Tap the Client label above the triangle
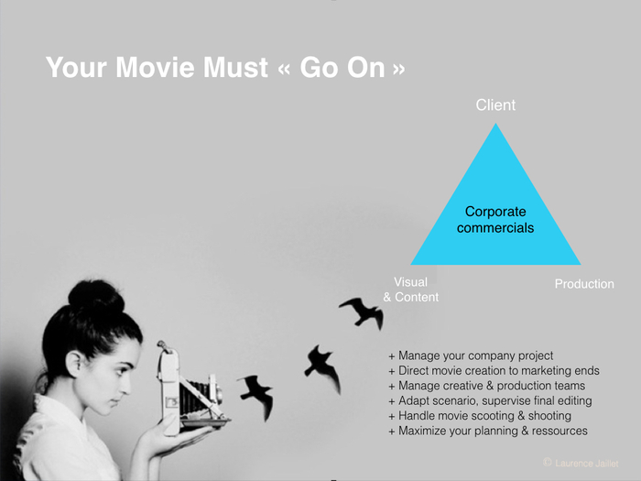coord(495,105)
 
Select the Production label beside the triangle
coord(584,284)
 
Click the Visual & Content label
coord(411,290)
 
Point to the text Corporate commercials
coord(495,220)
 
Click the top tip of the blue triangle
coord(496,123)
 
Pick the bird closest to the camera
coord(256,396)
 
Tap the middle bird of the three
coord(322,367)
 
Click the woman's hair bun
coord(96,298)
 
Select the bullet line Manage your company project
coord(471,355)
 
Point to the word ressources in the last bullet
coord(560,431)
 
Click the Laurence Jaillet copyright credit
coord(581,463)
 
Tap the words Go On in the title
coord(342,67)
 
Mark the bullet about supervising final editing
coord(490,401)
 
